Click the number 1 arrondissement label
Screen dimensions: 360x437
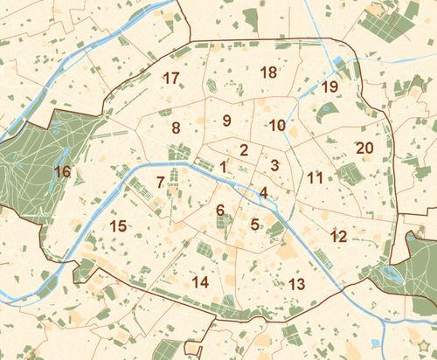(x=224, y=166)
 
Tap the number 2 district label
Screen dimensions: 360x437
(x=244, y=149)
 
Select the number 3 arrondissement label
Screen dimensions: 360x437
(x=274, y=164)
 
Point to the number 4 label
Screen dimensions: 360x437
(x=262, y=193)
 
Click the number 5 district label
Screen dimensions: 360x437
(x=254, y=225)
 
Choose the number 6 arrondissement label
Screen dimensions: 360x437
(x=220, y=210)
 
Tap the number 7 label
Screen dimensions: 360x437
(x=160, y=183)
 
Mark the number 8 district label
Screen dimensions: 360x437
(x=176, y=128)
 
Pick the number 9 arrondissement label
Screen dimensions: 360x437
(x=226, y=121)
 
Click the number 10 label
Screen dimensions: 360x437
(x=277, y=125)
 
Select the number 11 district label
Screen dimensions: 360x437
(x=316, y=178)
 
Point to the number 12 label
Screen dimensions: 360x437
(x=339, y=236)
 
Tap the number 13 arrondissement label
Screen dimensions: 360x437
(x=296, y=284)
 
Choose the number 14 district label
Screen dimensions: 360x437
(x=200, y=281)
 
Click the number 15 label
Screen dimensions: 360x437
(x=118, y=226)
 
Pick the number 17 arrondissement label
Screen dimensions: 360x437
(x=171, y=78)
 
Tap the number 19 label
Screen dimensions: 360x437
(x=329, y=87)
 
